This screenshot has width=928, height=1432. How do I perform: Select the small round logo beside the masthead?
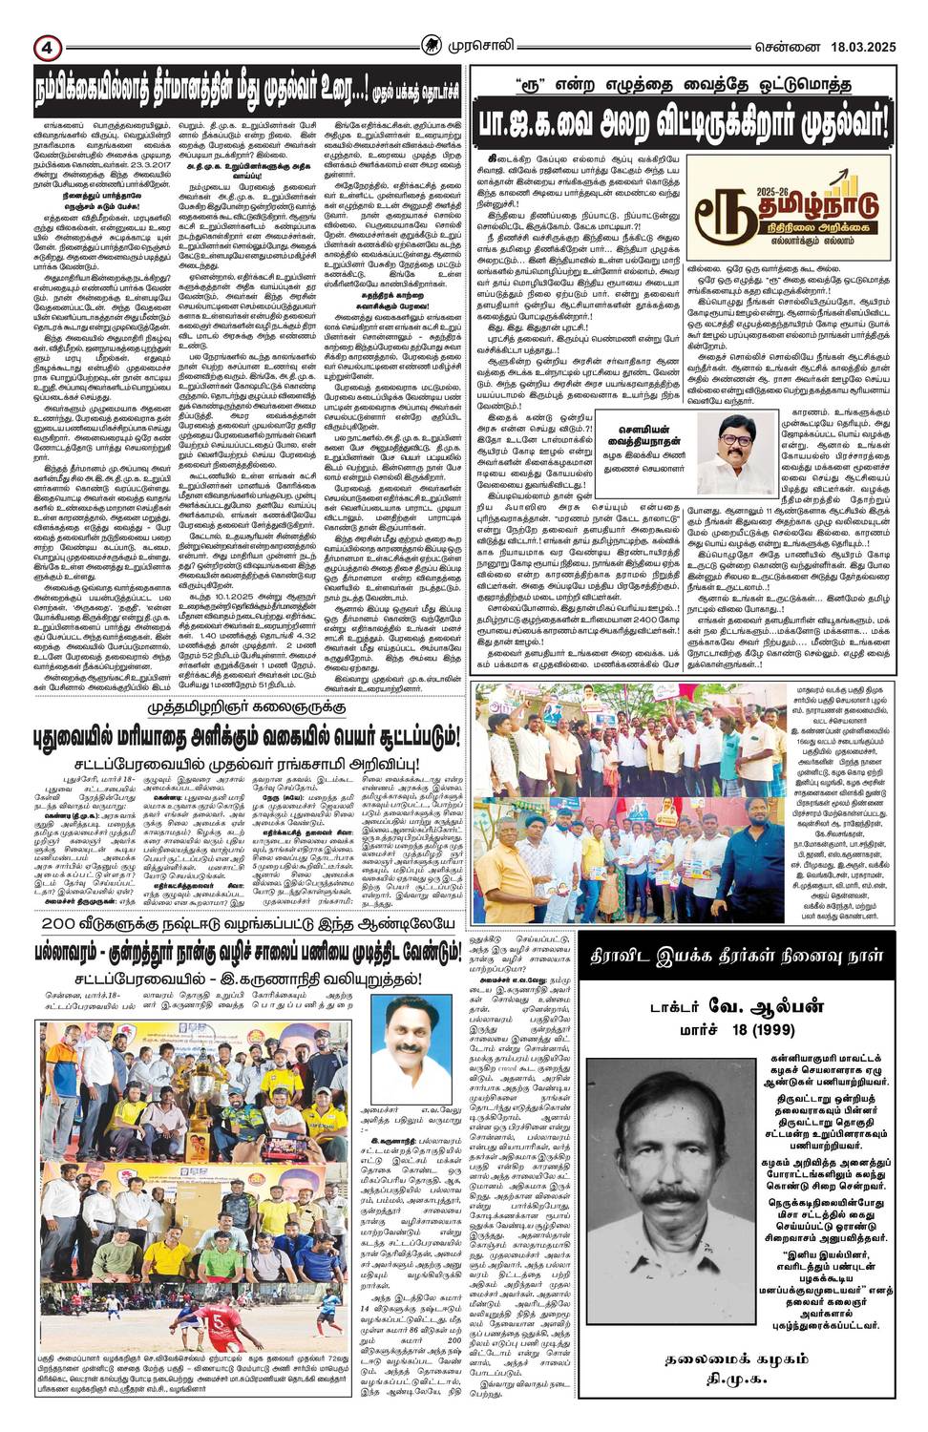click(x=433, y=44)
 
